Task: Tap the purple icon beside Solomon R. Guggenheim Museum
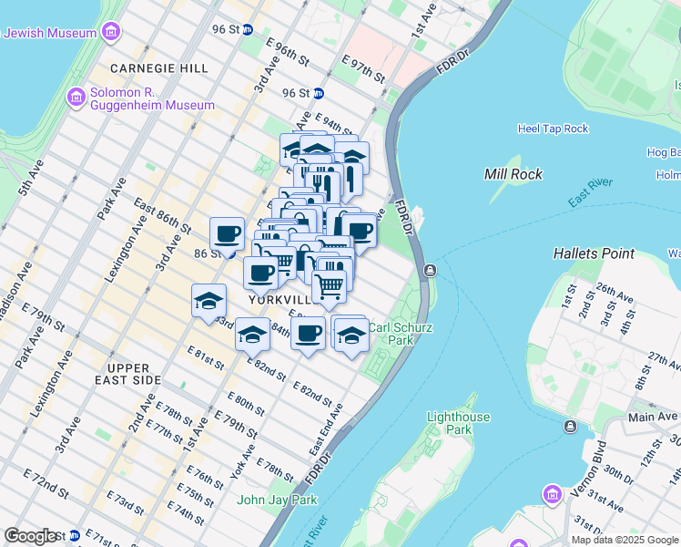76,95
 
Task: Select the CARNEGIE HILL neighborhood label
158,68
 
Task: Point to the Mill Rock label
513,174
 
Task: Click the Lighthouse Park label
460,423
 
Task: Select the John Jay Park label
277,500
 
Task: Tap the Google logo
31,536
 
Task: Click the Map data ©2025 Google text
625,540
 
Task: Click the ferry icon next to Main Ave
570,427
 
